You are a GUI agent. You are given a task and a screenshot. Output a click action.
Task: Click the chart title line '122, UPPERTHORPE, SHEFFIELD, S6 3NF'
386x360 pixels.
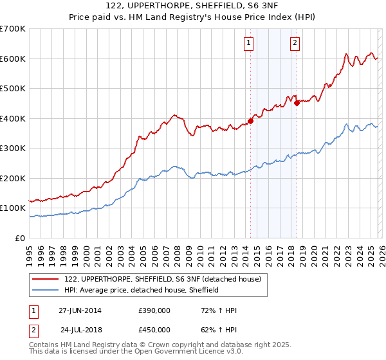point(193,6)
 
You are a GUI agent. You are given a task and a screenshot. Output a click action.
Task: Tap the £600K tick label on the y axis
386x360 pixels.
point(13,59)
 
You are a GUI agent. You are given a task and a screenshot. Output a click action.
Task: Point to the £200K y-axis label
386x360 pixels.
point(13,178)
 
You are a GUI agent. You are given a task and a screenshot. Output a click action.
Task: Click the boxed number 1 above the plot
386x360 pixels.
point(248,43)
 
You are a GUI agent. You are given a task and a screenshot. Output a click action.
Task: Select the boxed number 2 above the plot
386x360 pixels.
point(295,43)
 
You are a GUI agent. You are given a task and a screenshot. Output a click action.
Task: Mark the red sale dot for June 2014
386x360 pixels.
point(251,122)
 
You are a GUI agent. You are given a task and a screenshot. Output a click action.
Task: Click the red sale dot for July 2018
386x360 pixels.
point(297,103)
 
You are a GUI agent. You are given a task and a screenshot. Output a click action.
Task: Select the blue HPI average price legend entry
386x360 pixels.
point(142,290)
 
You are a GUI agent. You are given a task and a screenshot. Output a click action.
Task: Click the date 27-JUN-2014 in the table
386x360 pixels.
point(80,310)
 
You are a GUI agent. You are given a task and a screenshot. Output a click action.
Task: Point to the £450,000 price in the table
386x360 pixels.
point(154,330)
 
